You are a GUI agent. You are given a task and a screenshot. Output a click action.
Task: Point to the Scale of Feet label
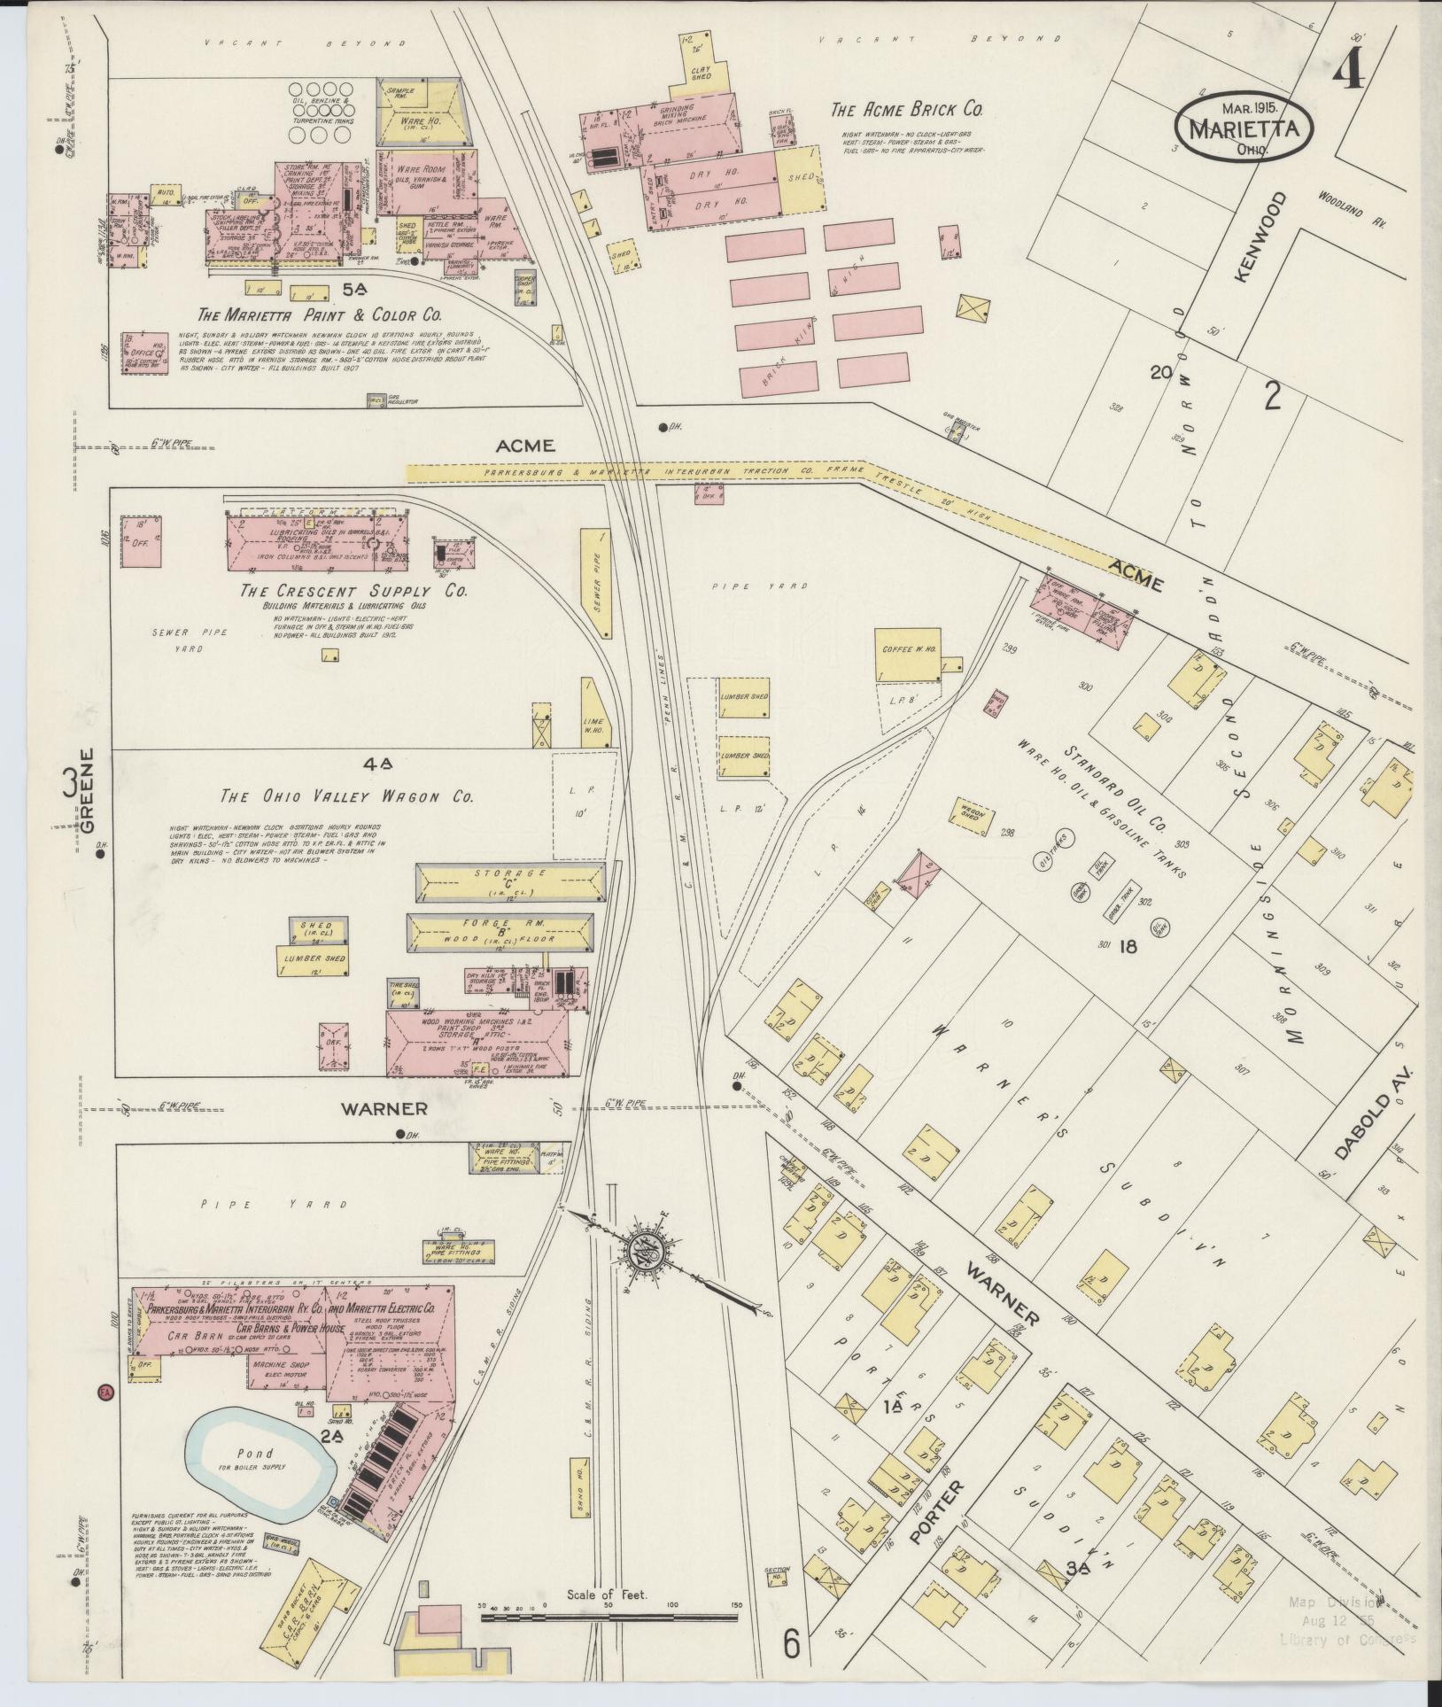point(595,1594)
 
